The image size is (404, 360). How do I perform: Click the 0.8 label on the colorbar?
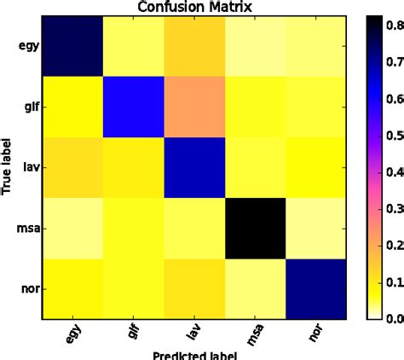point(391,26)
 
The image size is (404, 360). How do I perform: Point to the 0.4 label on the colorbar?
point(391,172)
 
